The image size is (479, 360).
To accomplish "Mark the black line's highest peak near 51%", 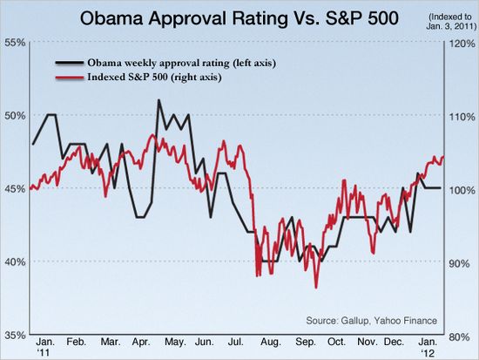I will pos(159,100).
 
